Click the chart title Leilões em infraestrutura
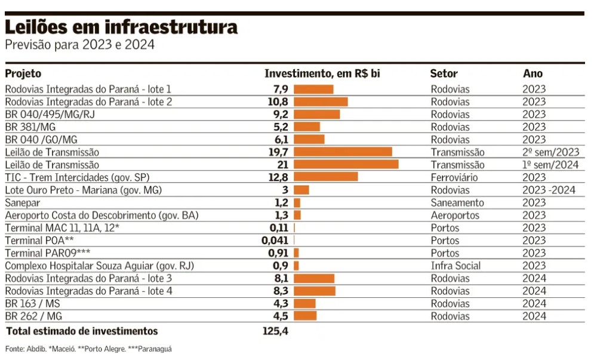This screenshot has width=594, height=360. (121, 27)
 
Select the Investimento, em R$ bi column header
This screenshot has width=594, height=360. (322, 74)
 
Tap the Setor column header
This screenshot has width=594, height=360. (444, 74)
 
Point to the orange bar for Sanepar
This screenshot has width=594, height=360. (297, 203)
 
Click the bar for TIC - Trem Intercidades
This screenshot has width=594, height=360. (325, 177)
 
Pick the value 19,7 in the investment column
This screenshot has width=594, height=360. (279, 152)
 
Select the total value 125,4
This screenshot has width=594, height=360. (275, 331)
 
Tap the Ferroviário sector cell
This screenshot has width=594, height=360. (454, 177)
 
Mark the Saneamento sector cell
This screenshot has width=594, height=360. (457, 203)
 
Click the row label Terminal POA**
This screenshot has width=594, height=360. (36, 241)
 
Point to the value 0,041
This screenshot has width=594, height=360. (275, 241)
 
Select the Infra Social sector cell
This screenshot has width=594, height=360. (455, 266)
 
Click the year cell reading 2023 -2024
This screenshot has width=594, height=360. (549, 190)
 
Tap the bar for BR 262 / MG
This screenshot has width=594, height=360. (305, 316)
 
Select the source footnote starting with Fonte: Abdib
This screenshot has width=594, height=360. (88, 349)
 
